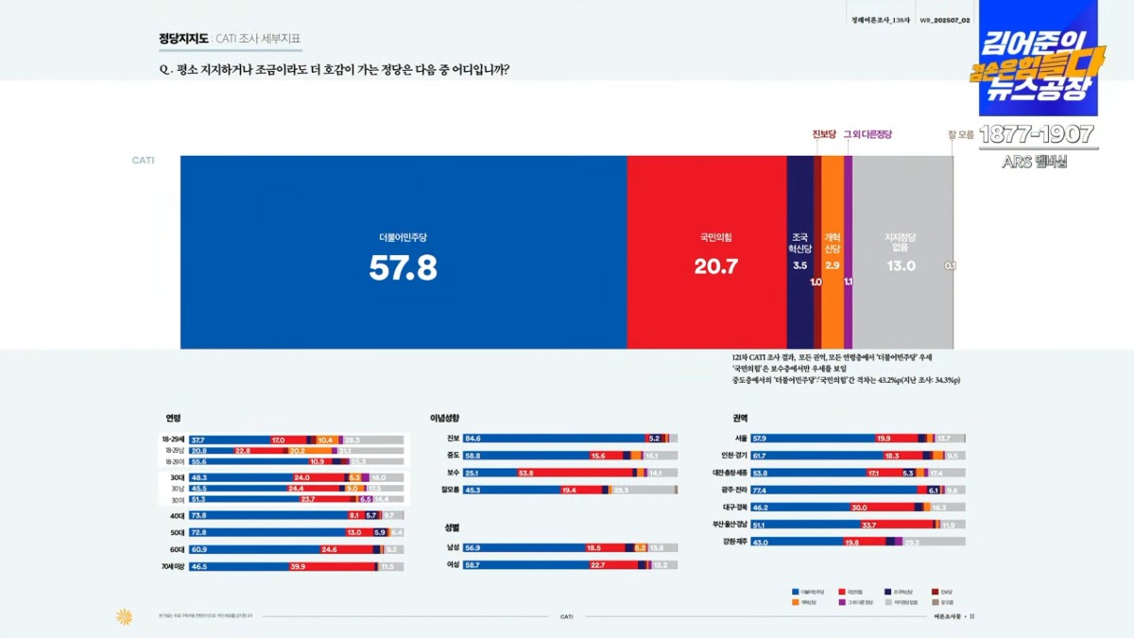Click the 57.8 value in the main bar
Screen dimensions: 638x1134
(x=403, y=269)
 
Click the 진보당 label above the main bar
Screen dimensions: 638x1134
(x=824, y=134)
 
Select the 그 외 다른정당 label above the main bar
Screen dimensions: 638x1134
(x=868, y=134)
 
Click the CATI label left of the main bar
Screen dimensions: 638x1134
(x=143, y=161)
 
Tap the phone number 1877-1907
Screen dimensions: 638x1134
(x=1036, y=134)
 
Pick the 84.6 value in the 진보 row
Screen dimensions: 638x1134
(x=473, y=439)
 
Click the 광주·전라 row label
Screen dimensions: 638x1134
(x=733, y=490)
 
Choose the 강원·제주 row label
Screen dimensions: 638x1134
(x=733, y=542)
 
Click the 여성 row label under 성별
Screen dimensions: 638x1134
(x=454, y=564)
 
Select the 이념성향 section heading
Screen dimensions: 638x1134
(x=445, y=418)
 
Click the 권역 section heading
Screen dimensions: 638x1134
(x=740, y=418)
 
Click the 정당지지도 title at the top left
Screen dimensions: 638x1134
(x=183, y=39)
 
